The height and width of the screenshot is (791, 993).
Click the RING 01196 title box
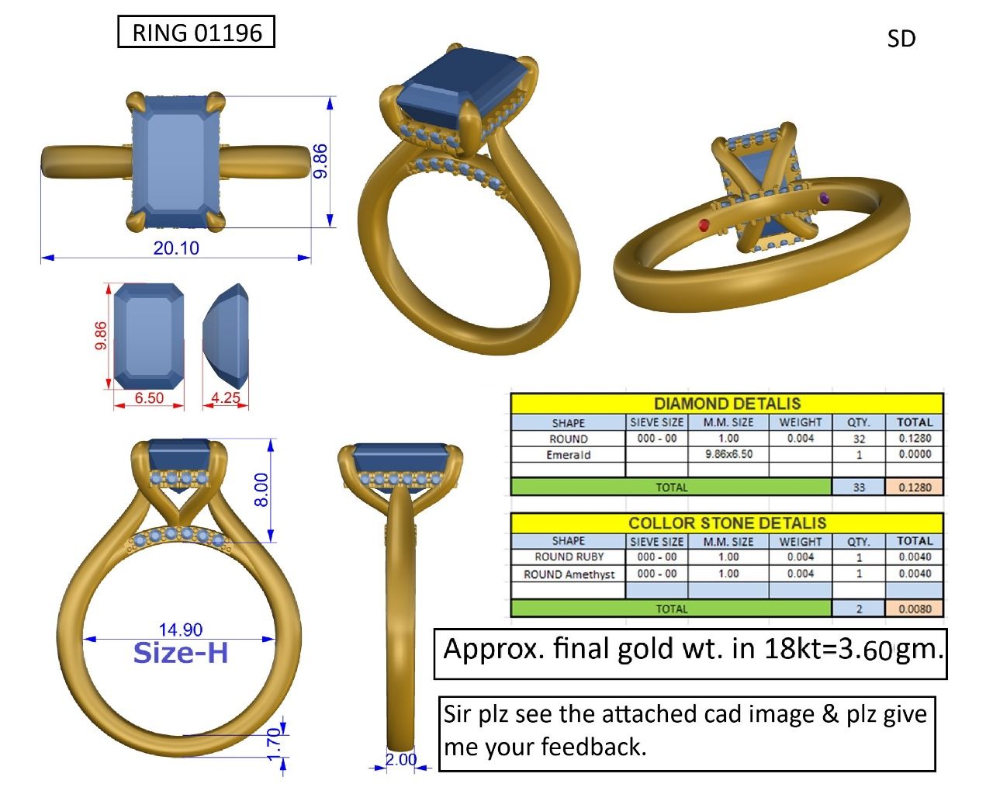point(196,33)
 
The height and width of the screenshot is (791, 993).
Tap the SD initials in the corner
point(901,39)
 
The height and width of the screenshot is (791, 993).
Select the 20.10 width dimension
point(176,248)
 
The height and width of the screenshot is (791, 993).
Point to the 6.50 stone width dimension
point(149,397)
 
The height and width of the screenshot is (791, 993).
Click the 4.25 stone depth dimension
point(226,397)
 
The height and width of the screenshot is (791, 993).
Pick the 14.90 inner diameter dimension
point(181,630)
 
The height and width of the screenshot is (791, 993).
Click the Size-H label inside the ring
point(181,653)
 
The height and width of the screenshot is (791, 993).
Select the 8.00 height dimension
point(262,490)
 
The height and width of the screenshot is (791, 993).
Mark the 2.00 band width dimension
point(401,759)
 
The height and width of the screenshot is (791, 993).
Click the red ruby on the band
point(704,225)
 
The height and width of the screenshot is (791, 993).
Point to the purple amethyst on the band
point(823,199)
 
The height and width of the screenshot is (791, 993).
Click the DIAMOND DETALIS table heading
point(727,404)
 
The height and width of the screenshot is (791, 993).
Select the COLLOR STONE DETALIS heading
point(727,522)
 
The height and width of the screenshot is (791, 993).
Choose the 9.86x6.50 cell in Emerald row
point(728,454)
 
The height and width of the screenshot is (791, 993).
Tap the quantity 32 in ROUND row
point(858,439)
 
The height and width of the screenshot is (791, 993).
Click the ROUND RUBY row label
point(569,557)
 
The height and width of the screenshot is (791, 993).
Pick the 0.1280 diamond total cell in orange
point(914,487)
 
